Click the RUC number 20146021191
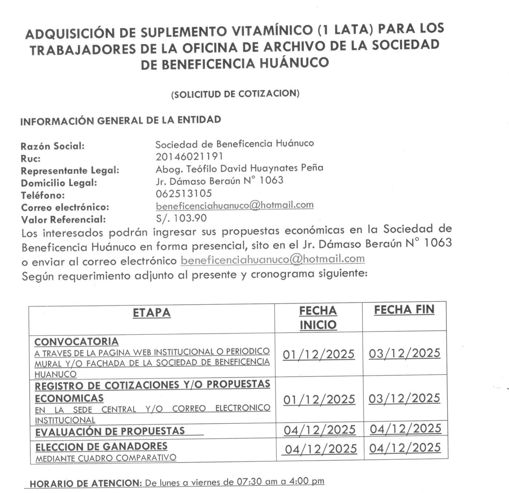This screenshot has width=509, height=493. pos(189,156)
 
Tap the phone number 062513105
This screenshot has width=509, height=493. pos(184,193)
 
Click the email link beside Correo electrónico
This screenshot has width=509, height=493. pos(235,205)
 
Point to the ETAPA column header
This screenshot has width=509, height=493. pos(152,313)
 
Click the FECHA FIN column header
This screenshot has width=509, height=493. pos(404,310)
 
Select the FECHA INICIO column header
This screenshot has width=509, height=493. pos(318,317)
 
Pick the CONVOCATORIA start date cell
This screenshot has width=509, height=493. pos(318,354)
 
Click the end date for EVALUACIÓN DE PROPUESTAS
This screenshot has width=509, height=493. pos(406,429)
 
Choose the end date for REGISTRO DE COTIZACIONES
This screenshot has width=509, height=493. pos(404,398)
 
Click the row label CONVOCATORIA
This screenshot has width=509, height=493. pos(77,342)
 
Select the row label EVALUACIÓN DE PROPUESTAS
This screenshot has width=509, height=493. pos(110,431)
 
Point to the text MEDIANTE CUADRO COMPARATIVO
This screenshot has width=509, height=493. pos(106,458)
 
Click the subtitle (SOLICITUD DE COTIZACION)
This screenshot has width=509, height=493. pos(235,94)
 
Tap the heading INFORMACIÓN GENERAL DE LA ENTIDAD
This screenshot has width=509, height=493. pos(121,120)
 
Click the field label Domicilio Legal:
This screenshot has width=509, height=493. pos(59,183)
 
